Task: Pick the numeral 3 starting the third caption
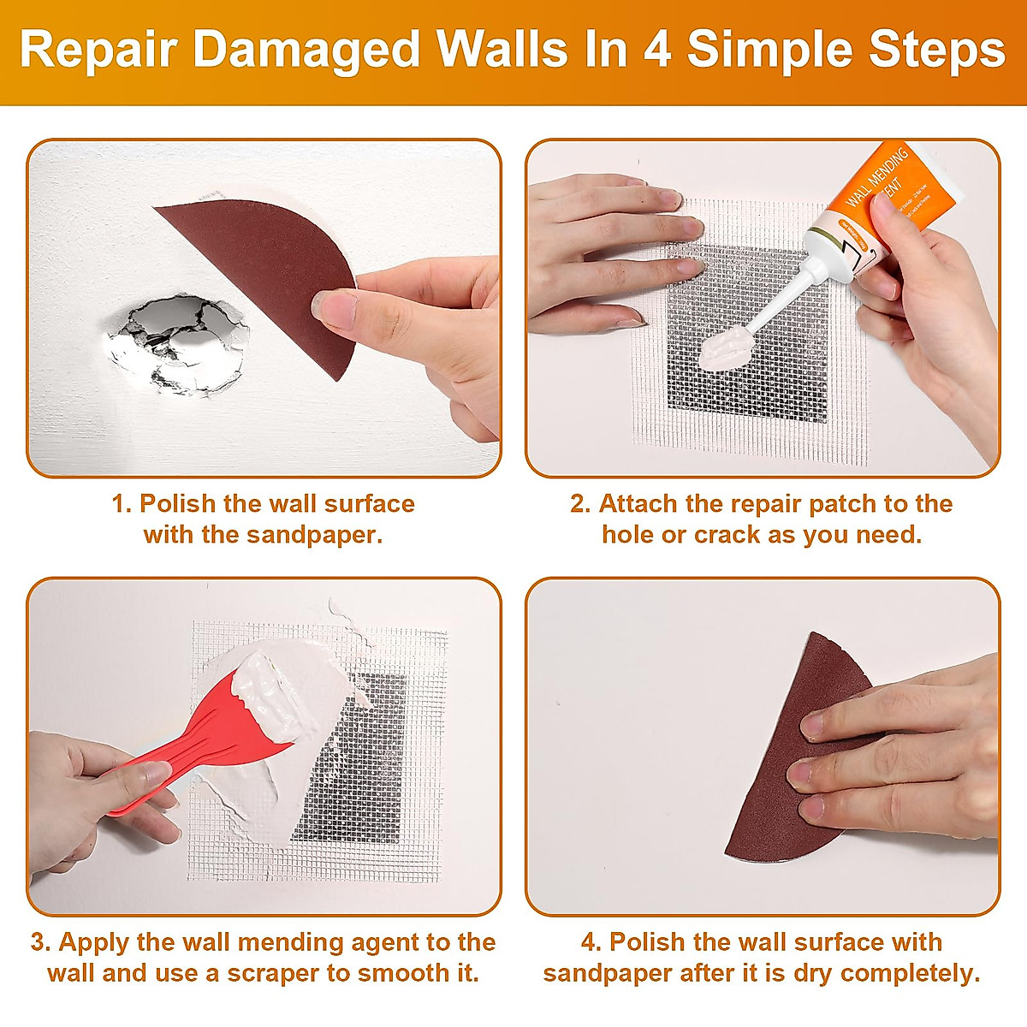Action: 39,942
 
